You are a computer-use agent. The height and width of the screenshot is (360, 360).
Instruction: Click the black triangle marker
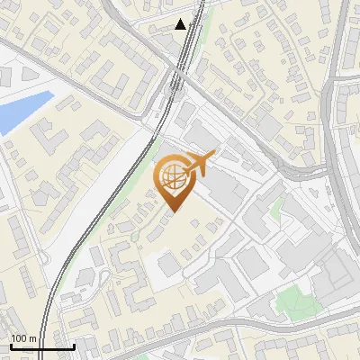coord(181,24)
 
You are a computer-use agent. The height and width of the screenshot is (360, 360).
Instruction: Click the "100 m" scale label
coord(23,338)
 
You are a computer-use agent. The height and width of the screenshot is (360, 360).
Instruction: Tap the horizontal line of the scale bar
coord(41,346)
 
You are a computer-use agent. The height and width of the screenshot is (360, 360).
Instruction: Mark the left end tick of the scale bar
coord(10,345)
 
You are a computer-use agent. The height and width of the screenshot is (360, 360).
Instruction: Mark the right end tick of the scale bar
coord(74,345)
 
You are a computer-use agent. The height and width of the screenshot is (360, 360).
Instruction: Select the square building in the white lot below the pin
coord(168,264)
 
